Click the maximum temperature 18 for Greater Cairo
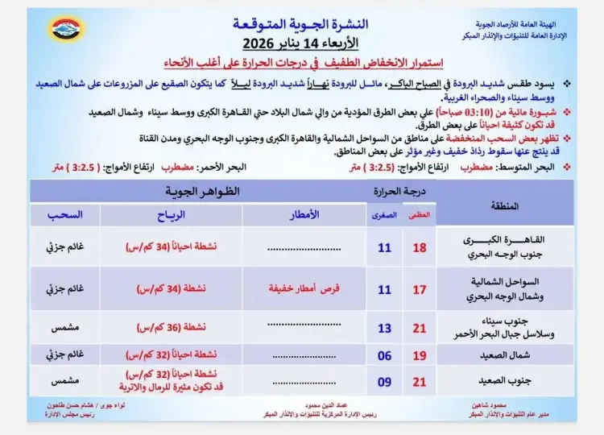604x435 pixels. (x=419, y=248)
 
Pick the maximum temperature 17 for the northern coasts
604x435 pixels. (x=419, y=288)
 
